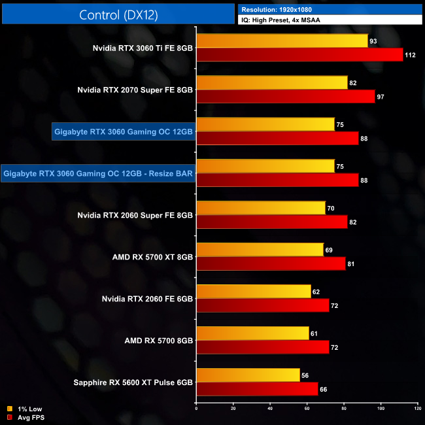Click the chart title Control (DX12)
tap(118, 14)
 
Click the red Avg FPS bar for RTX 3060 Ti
tap(299, 54)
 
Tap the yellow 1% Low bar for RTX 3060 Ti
tap(282, 41)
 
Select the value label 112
tap(410, 54)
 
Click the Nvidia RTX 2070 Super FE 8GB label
tap(135, 90)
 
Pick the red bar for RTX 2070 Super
tap(286, 96)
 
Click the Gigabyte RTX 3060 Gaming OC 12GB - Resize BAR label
tap(99, 173)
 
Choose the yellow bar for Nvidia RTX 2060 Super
tap(261, 209)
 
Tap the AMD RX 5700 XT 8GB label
tap(152, 257)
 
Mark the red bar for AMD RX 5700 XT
tap(271, 263)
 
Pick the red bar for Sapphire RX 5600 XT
tap(257, 389)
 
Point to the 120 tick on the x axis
tap(417, 409)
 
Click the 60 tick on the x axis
tap(307, 409)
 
